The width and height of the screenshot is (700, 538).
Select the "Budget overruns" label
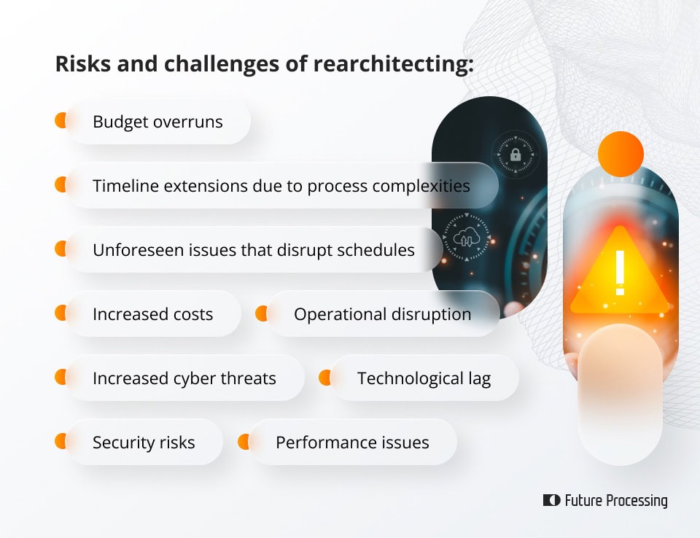pyautogui.click(x=157, y=122)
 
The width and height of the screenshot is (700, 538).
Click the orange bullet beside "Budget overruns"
pyautogui.click(x=61, y=121)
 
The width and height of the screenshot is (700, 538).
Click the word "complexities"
pyautogui.click(x=421, y=186)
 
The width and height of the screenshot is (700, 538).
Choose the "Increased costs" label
pyautogui.click(x=152, y=314)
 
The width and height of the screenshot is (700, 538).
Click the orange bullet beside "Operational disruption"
pyautogui.click(x=261, y=313)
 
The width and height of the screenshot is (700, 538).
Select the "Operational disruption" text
pyautogui.click(x=382, y=314)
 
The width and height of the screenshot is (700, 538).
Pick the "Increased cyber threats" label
pyautogui.click(x=184, y=378)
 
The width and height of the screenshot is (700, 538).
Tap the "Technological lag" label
pyautogui.click(x=424, y=378)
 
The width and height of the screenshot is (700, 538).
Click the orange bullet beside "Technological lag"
pyautogui.click(x=324, y=378)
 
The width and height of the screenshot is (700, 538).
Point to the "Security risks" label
pyautogui.click(x=144, y=443)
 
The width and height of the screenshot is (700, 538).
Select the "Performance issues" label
pyautogui.click(x=352, y=443)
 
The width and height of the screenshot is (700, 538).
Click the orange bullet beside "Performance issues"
pyautogui.click(x=244, y=442)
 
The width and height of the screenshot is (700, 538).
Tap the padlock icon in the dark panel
pyautogui.click(x=516, y=155)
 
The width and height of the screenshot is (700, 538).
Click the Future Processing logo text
pyautogui.click(x=615, y=501)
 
